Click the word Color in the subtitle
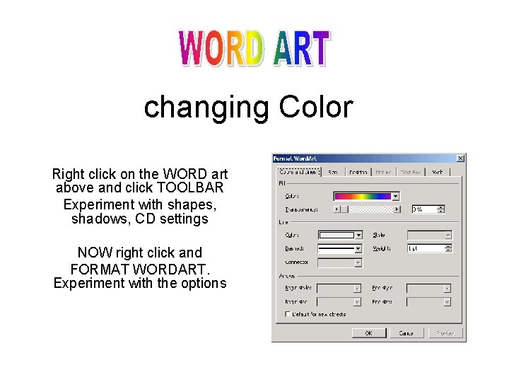pos(315,108)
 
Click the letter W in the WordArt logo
pos(192,49)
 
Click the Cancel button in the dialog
pos(406,332)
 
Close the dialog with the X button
pos(460,158)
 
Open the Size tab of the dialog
pos(333,171)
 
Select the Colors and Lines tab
pos(298,171)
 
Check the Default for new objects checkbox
pos(288,313)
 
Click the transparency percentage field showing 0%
pos(424,209)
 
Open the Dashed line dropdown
pos(358,249)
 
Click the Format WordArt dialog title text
pos(296,158)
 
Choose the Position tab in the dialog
pos(358,171)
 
